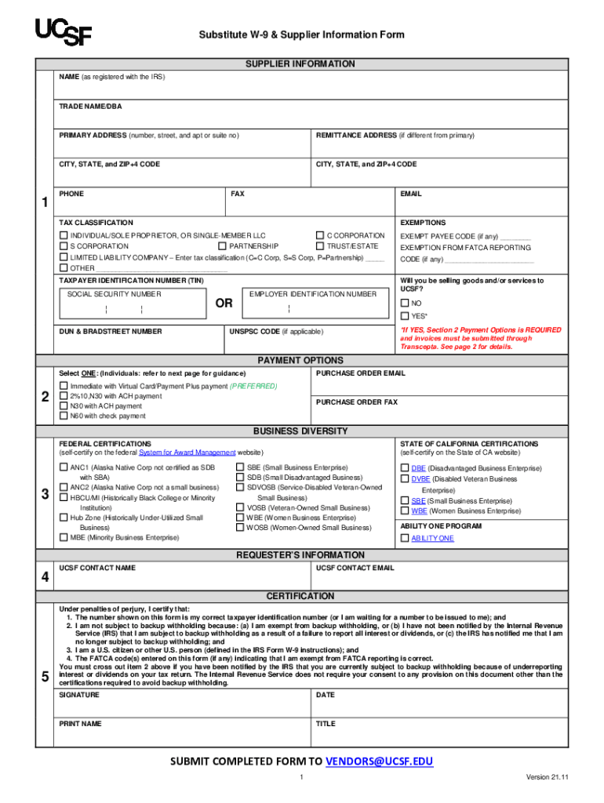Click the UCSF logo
(x=63, y=32)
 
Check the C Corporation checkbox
(x=319, y=235)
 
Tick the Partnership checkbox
(x=222, y=246)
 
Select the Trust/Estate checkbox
(x=319, y=246)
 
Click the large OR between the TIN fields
(x=224, y=303)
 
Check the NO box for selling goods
(x=405, y=303)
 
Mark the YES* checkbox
(x=405, y=316)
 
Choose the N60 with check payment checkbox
(x=64, y=416)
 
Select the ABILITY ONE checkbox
(x=405, y=539)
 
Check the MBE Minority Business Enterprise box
(x=64, y=538)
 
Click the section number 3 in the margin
(x=45, y=493)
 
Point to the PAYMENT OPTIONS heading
(x=300, y=361)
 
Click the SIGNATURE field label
(x=79, y=695)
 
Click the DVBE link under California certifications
(x=420, y=478)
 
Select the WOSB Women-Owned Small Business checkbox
(x=240, y=528)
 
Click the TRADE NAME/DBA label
(x=90, y=106)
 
